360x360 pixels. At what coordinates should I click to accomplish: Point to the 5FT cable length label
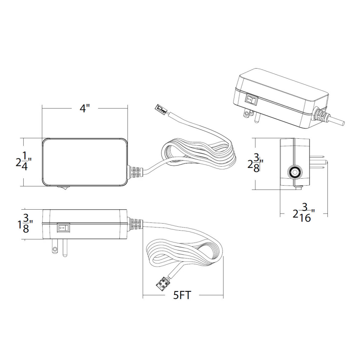click(182, 295)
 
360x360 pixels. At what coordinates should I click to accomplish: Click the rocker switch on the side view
click(63, 228)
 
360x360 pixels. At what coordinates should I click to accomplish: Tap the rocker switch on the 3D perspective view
click(251, 100)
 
